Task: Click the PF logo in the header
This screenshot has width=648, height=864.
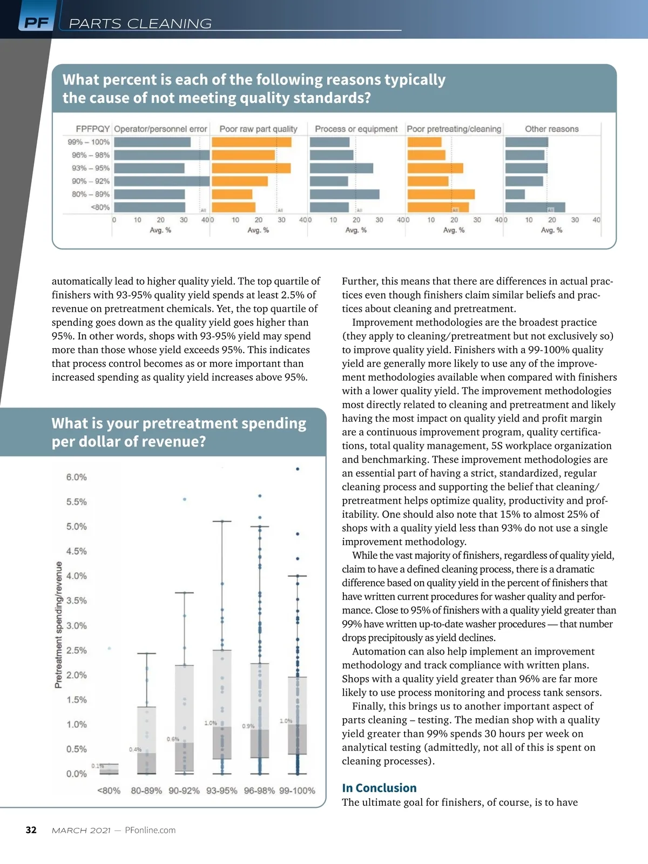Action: pos(36,23)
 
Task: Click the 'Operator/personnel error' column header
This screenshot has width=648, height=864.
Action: pos(160,129)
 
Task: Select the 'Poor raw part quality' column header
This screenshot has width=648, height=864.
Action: pos(258,129)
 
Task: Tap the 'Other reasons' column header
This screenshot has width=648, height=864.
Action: pos(551,129)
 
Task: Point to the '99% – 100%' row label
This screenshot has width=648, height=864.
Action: pos(89,142)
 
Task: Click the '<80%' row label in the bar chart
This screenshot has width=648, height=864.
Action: pos(100,207)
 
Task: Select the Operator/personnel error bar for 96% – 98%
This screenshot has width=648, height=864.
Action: pos(161,155)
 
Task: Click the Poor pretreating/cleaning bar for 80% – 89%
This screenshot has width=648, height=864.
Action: pos(441,194)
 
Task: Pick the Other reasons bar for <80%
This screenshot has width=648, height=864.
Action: pos(535,207)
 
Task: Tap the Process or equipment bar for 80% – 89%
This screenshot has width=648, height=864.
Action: pos(345,194)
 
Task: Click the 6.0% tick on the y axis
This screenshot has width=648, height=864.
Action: pos(76,477)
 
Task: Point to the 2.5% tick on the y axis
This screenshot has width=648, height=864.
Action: pos(76,651)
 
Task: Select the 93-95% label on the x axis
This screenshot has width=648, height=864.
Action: pos(221,791)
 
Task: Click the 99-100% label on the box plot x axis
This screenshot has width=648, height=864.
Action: pos(297,791)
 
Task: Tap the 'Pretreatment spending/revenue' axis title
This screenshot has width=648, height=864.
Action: pos(58,625)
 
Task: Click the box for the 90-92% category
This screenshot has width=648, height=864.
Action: pos(184,718)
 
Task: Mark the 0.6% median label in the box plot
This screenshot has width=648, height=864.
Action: pos(173,739)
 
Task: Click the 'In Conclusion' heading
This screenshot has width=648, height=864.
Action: pos(379,788)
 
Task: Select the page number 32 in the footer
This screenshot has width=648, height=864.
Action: pos(31,830)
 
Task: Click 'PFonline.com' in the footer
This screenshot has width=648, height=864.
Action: pos(150,830)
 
